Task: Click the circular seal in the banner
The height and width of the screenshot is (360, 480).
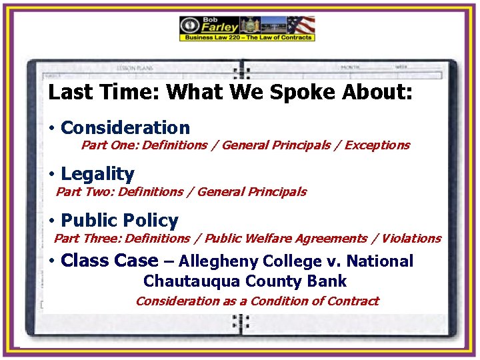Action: coord(190,25)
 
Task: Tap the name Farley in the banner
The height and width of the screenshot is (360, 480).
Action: coord(220,27)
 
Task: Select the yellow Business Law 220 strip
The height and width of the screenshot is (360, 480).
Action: coord(246,38)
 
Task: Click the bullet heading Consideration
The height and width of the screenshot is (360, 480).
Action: coord(125,127)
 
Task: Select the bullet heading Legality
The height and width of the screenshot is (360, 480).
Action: coord(97,174)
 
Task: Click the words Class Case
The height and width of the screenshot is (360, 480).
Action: coord(109,261)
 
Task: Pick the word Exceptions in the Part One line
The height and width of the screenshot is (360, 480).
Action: coord(377,145)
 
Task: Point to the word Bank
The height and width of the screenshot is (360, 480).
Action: coord(327,281)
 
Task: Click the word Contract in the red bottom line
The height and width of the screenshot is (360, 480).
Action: coord(353,301)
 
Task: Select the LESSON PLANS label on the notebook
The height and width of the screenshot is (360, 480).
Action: coord(135,68)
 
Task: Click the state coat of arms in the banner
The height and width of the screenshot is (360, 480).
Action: coord(250,25)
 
